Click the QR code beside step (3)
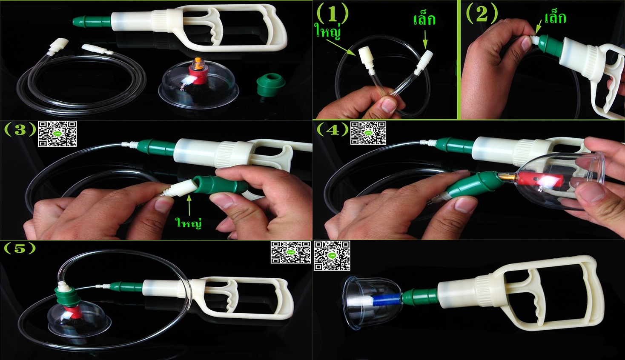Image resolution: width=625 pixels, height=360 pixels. (x=57, y=134)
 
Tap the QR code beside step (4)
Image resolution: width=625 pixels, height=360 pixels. (x=368, y=133)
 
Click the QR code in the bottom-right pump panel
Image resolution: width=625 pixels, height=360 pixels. (x=332, y=255)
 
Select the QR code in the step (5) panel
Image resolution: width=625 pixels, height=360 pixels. (x=291, y=253)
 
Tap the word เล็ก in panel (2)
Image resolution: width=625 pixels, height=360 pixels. (x=555, y=18)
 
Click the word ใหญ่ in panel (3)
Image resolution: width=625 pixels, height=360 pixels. (x=189, y=223)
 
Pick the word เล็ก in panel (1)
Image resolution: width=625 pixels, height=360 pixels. (x=424, y=20)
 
